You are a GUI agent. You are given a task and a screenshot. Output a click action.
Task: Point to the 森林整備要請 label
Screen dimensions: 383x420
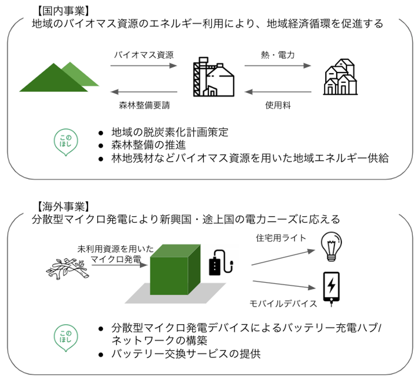(x=146, y=106)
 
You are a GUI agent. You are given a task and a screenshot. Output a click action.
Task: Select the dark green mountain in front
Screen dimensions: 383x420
(x=52, y=80)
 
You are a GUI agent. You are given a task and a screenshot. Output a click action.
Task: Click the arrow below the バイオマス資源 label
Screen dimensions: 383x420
(x=143, y=66)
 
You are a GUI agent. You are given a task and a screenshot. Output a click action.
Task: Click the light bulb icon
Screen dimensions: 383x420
(x=331, y=247)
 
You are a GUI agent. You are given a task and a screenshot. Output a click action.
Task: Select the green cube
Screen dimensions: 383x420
(x=174, y=270)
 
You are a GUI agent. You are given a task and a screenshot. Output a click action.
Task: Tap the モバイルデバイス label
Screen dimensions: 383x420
(x=283, y=304)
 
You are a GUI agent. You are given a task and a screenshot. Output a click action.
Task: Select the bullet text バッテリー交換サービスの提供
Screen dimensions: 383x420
(x=186, y=353)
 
